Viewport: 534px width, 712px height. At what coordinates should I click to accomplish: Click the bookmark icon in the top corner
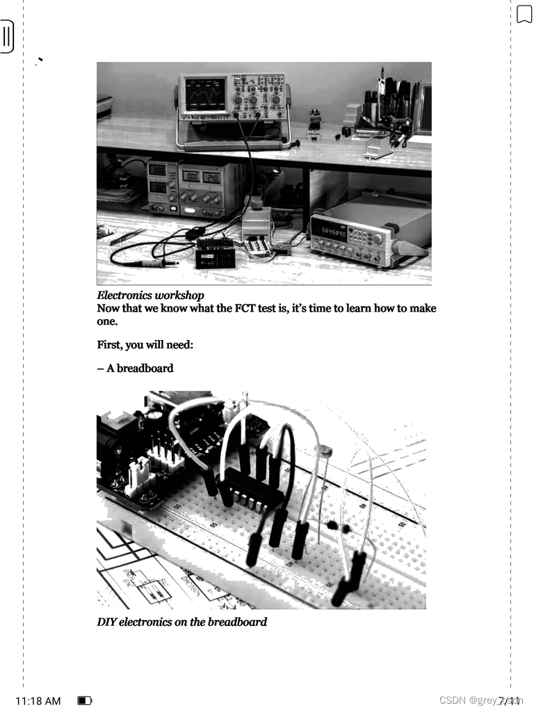coord(524,14)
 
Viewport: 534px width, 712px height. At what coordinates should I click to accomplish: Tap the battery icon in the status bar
coord(85,700)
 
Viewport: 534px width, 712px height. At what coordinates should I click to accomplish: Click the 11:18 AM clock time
coord(38,700)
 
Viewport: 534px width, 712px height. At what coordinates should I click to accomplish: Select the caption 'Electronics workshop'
coord(150,296)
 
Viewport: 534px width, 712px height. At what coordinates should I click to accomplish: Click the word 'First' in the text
coord(110,344)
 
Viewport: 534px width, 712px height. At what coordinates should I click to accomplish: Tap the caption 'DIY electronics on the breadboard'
coord(181,622)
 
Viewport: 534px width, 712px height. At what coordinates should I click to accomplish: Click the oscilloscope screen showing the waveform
coord(205,95)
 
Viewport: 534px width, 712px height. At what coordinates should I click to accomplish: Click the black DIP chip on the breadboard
coord(253,487)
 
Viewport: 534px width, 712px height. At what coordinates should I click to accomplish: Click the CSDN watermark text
coord(480,700)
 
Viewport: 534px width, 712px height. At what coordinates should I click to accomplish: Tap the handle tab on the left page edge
coord(7,36)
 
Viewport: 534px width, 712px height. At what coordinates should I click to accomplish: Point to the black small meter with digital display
coord(216,254)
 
